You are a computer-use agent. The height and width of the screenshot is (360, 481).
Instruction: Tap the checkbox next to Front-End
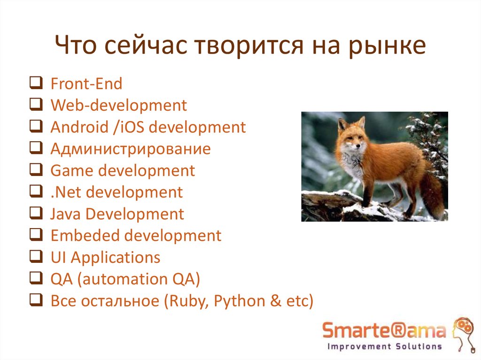pos(35,84)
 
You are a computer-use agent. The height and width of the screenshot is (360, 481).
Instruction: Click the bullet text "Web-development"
pos(118,106)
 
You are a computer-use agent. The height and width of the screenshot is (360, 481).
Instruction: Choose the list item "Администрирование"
pos(130,149)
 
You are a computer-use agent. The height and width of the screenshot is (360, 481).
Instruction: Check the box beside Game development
pos(35,170)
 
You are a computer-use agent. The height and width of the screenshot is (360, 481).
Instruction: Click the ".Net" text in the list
pos(63,192)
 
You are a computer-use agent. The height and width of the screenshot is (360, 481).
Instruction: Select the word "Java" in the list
pos(65,214)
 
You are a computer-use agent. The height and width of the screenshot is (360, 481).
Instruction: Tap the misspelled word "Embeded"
pos(82,236)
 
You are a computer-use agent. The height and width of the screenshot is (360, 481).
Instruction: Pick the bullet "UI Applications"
pos(105,258)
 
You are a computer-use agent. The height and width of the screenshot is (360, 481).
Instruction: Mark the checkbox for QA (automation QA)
pos(35,279)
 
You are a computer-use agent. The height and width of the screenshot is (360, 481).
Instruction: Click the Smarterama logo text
pos(383,331)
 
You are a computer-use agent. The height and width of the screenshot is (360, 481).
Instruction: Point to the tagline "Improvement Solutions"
pos(384,347)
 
